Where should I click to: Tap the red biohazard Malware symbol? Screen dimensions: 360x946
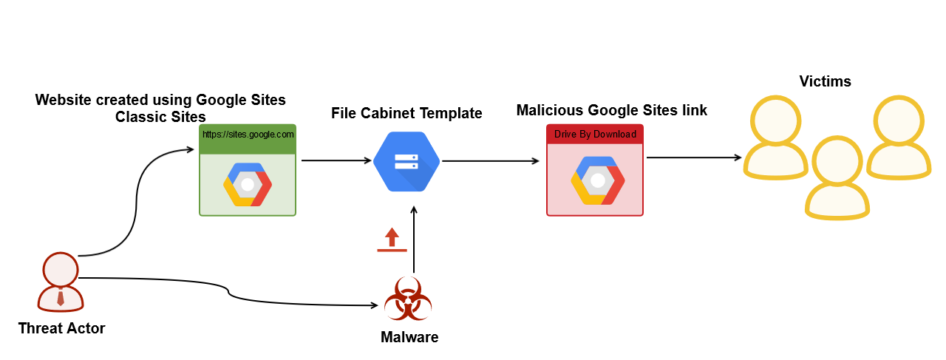coord(408,299)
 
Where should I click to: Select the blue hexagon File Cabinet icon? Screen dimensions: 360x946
coord(406,162)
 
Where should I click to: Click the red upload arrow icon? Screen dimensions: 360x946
coord(392,240)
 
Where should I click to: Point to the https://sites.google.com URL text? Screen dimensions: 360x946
coord(248,135)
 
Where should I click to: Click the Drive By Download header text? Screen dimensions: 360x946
coord(595,135)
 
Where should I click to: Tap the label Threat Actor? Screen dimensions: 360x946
coord(61,328)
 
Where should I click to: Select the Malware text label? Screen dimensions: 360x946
coord(409,338)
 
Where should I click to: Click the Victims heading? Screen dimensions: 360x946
coord(825,81)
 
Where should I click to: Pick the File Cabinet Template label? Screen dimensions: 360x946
coord(406,113)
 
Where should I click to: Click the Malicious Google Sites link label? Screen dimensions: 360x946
coord(611,110)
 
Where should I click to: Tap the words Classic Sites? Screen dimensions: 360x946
coord(160,117)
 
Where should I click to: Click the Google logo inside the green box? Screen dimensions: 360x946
coord(248,184)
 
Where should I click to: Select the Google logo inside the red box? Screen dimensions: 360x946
coord(595,180)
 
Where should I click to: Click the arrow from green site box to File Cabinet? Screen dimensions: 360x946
coord(336,160)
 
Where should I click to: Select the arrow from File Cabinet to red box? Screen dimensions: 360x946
coord(490,160)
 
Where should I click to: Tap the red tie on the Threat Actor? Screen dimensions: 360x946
coord(60,299)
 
